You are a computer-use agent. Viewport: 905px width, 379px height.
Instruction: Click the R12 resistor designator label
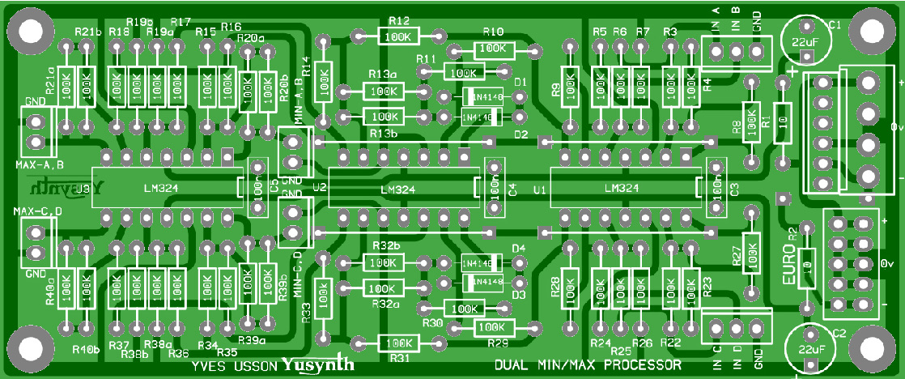click(399, 20)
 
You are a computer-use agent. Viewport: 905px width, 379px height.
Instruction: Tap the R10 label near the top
click(493, 32)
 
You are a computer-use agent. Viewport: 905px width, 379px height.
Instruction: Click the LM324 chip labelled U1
click(622, 188)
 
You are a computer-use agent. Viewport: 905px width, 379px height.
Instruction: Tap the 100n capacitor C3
click(716, 187)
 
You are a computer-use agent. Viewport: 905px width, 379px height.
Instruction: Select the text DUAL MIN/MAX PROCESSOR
click(588, 365)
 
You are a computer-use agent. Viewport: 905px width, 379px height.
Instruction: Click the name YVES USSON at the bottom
click(235, 366)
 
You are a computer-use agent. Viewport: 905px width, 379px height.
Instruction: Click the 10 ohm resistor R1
click(783, 123)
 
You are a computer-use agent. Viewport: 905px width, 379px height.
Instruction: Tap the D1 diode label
click(520, 83)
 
